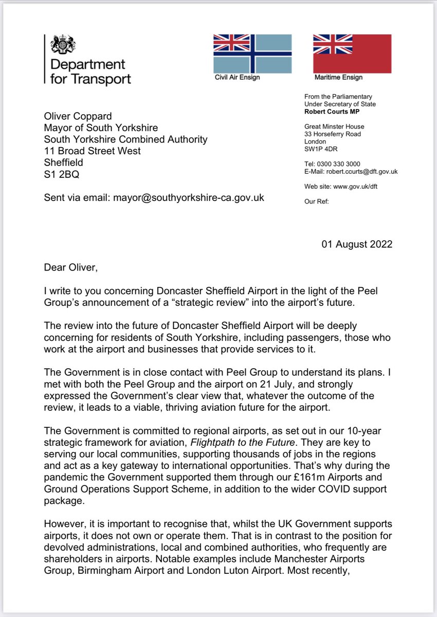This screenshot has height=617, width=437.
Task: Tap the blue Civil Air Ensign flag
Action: pyautogui.click(x=252, y=53)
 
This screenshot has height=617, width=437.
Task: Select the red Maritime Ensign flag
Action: pyautogui.click(x=352, y=53)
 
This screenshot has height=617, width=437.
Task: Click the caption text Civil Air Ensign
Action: pyautogui.click(x=237, y=78)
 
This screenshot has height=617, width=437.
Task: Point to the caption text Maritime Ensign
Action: pyautogui.click(x=338, y=78)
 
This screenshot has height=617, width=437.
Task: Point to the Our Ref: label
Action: pyautogui.click(x=317, y=202)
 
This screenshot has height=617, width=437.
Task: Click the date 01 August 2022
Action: pyautogui.click(x=357, y=244)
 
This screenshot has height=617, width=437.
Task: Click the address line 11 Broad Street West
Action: pyautogui.click(x=93, y=151)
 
